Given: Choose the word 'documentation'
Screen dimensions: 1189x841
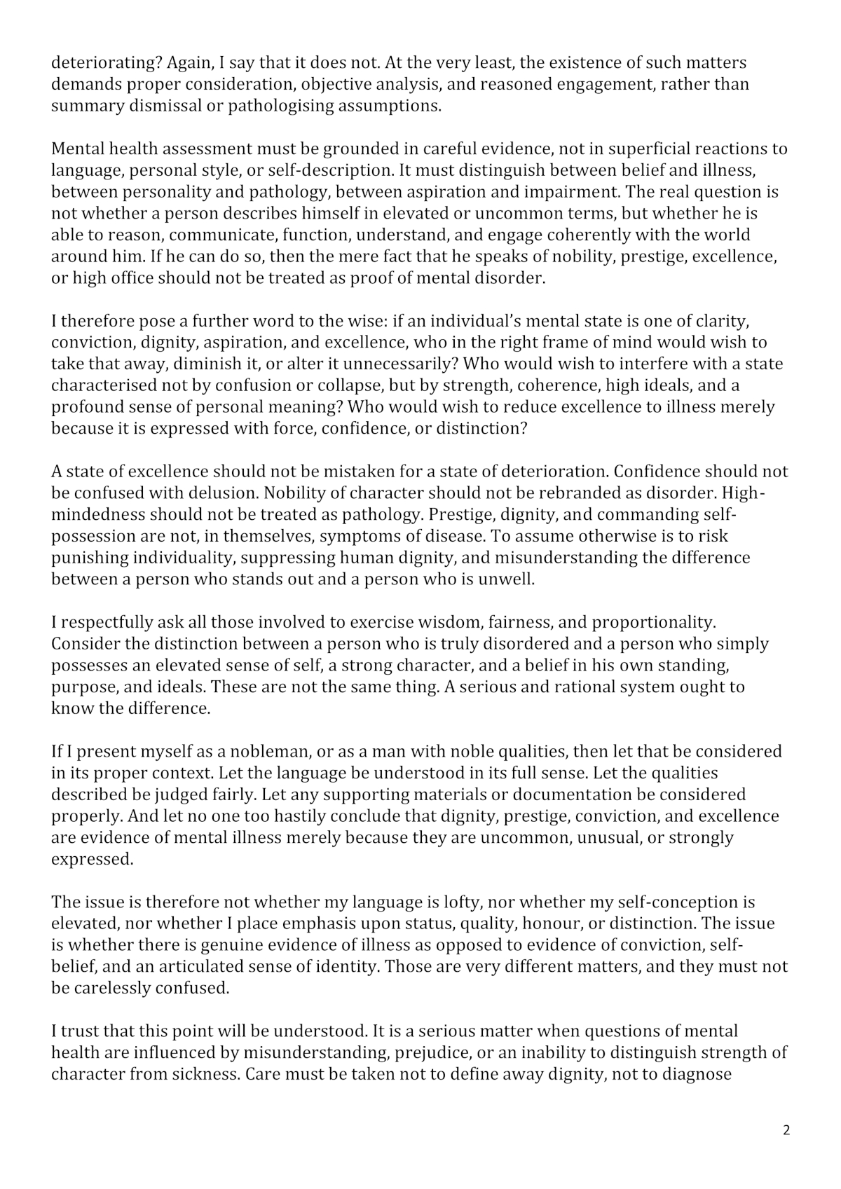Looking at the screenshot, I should click(572, 795).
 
